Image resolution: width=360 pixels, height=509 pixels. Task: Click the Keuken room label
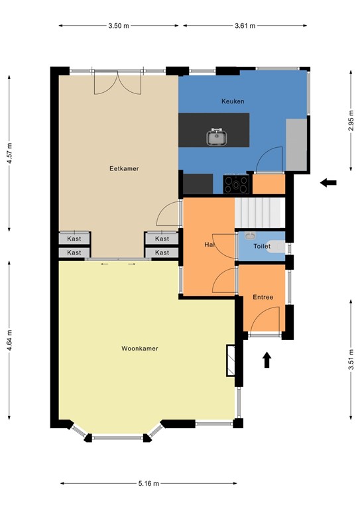(233, 101)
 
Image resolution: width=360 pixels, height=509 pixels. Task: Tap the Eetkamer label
(124, 169)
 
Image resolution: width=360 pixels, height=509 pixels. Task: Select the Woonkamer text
(139, 348)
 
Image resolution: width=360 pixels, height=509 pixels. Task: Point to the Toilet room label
(263, 246)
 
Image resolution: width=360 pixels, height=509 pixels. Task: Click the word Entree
(263, 298)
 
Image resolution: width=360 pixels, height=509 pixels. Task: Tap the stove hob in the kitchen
(237, 183)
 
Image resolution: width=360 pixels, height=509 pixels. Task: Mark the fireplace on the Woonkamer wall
(231, 361)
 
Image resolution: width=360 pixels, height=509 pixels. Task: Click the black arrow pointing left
(328, 182)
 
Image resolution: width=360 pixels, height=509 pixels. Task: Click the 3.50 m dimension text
(119, 26)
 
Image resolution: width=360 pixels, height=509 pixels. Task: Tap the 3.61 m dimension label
(245, 26)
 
